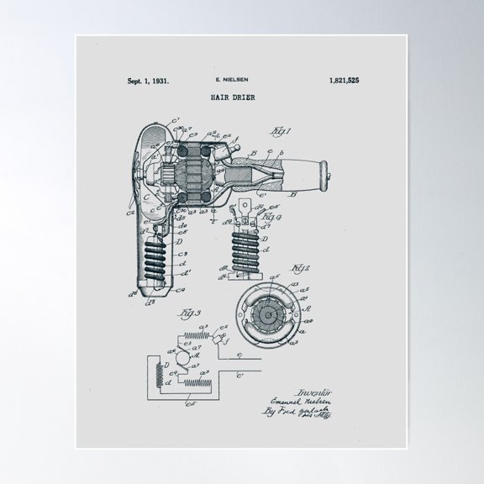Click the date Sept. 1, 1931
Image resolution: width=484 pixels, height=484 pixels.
click(x=148, y=82)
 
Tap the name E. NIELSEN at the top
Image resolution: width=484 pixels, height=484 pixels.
click(x=231, y=82)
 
